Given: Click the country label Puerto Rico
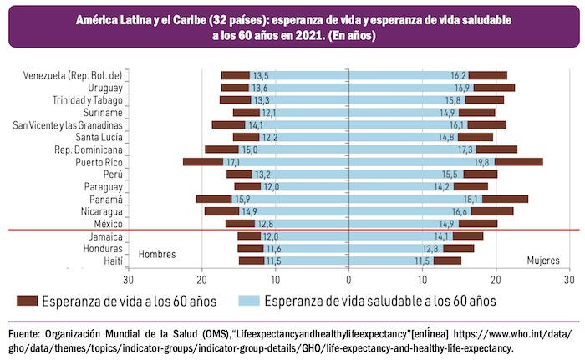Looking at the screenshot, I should point(99,162).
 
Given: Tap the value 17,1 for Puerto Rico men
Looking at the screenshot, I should point(233,162).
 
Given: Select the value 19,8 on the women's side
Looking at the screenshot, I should point(481,162).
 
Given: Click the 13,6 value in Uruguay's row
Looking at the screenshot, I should point(260,88).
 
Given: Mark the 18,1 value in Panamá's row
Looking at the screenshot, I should point(471,200).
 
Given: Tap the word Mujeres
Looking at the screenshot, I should point(543,260).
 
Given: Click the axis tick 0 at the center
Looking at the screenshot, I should point(349,278).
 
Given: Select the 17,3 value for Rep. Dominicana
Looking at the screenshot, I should point(465,150).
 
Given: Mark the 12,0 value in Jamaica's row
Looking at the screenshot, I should point(271,236).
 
